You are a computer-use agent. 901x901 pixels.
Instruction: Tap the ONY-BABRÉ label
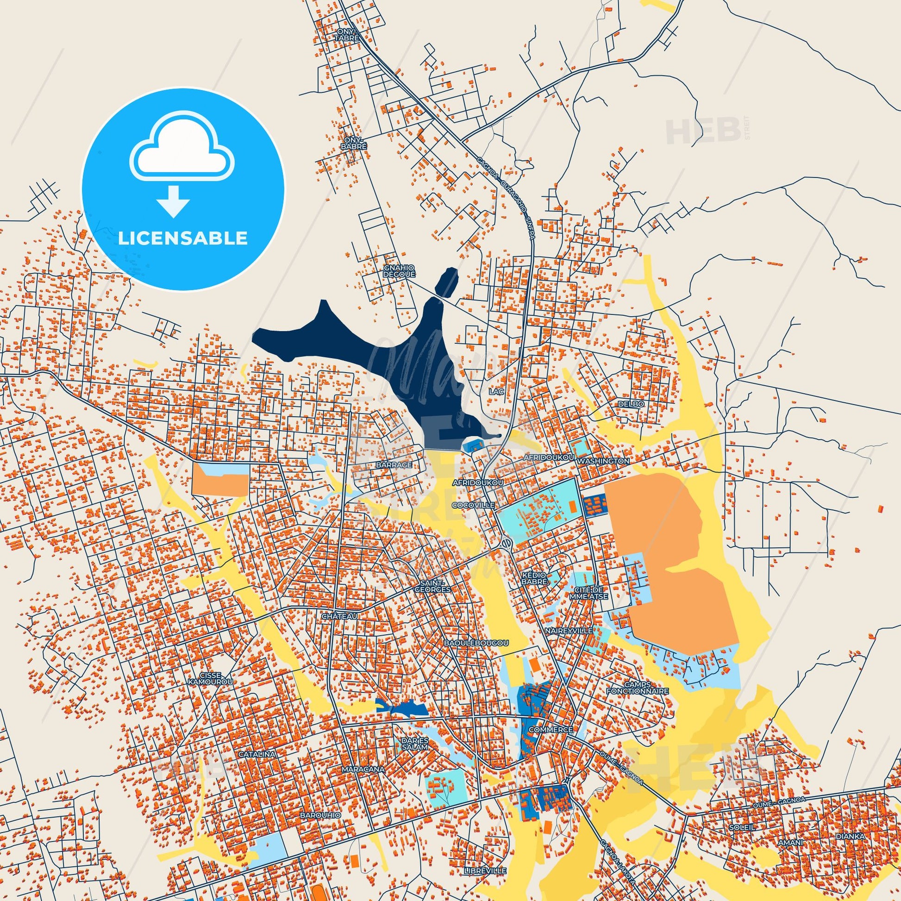[356, 142]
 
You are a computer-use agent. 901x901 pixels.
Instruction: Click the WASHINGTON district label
[603, 460]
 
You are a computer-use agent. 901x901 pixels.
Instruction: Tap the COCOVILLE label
[473, 505]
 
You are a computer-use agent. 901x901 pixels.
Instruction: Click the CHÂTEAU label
[339, 616]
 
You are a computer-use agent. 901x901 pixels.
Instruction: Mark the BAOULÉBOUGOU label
[476, 642]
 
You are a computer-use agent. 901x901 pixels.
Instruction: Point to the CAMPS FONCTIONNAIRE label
[638, 687]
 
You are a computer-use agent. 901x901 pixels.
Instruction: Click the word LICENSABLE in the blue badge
[183, 238]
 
